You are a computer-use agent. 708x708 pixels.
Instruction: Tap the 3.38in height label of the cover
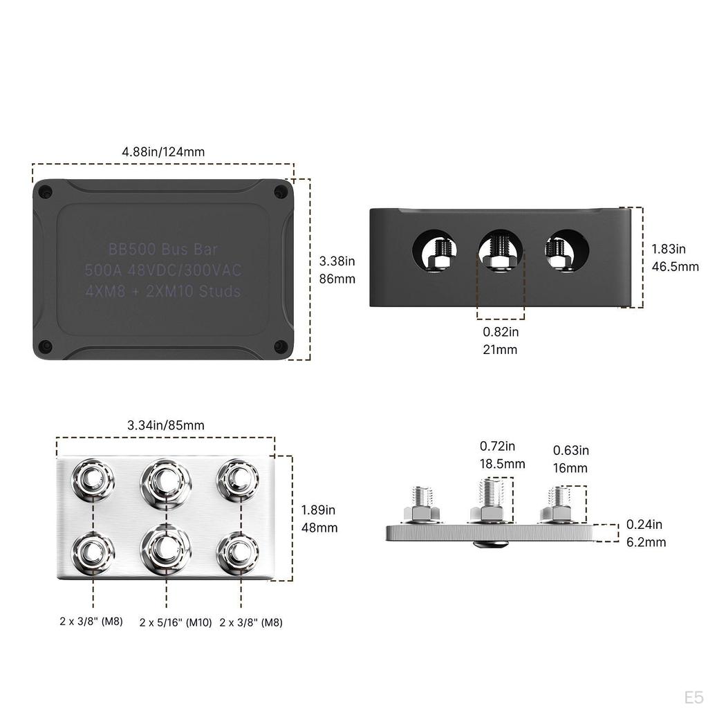pyautogui.click(x=337, y=261)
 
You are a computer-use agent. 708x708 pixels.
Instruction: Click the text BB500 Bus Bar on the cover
pyautogui.click(x=163, y=248)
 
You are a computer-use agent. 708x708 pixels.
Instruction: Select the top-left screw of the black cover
pyautogui.click(x=46, y=192)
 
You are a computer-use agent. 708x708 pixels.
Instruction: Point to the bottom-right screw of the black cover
pyautogui.click(x=280, y=346)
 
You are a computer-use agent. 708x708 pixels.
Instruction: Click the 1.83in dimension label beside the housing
pyautogui.click(x=669, y=249)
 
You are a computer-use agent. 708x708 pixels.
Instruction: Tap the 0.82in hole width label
pyautogui.click(x=501, y=332)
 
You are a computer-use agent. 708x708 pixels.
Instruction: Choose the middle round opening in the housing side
pyautogui.click(x=501, y=250)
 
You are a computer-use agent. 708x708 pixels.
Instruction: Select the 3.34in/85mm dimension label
pyautogui.click(x=166, y=425)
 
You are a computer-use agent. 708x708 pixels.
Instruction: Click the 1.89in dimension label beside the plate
pyautogui.click(x=319, y=510)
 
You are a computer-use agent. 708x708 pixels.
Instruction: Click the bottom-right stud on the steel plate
pyautogui.click(x=239, y=551)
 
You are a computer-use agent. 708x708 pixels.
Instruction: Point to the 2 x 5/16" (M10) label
pyautogui.click(x=175, y=622)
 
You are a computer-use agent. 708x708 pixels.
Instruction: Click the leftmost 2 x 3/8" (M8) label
pyautogui.click(x=91, y=621)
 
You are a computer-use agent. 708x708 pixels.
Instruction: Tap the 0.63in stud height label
pyautogui.click(x=570, y=451)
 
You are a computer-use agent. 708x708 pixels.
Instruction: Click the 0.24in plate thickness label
pyautogui.click(x=644, y=524)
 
